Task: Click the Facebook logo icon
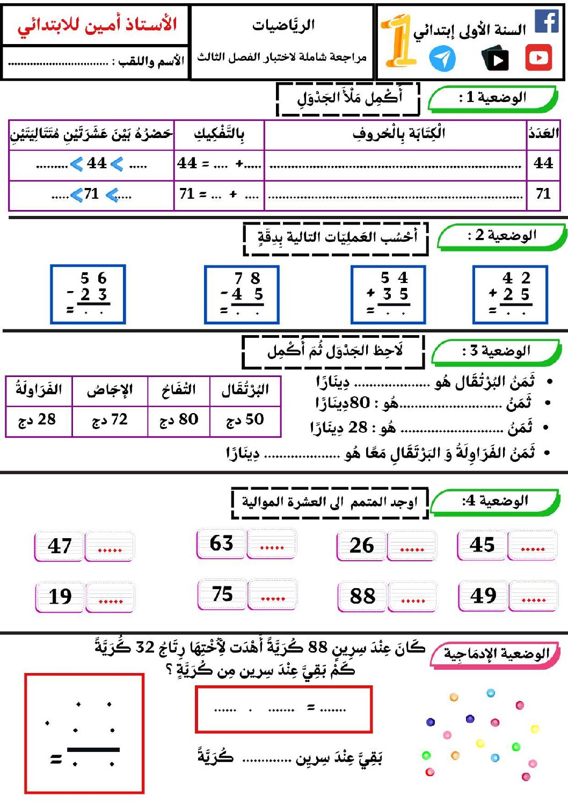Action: pyautogui.click(x=547, y=21)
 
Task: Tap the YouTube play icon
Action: pyautogui.click(x=538, y=58)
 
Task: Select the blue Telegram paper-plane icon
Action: pyautogui.click(x=442, y=59)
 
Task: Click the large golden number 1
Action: pyautogui.click(x=398, y=40)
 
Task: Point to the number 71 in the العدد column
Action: pyautogui.click(x=543, y=194)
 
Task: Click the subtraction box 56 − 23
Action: pyautogui.click(x=88, y=294)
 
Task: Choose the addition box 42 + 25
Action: pyautogui.click(x=510, y=294)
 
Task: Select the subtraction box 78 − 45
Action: pyautogui.click(x=242, y=294)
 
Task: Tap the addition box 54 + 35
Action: pyautogui.click(x=388, y=294)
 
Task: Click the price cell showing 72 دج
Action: pyautogui.click(x=110, y=420)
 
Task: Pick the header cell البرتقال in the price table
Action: pyautogui.click(x=245, y=390)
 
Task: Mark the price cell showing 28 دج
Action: pyautogui.click(x=38, y=420)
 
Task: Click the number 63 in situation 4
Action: pyautogui.click(x=221, y=544)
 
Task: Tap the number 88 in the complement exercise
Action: pyautogui.click(x=362, y=596)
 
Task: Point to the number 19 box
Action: pyautogui.click(x=60, y=597)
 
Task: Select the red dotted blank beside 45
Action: pyautogui.click(x=533, y=547)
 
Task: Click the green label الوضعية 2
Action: pyautogui.click(x=501, y=236)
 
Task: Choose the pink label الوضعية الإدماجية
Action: pyautogui.click(x=496, y=654)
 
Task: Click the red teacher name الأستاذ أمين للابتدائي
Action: pyautogui.click(x=97, y=25)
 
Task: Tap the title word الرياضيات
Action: pyautogui.click(x=283, y=25)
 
